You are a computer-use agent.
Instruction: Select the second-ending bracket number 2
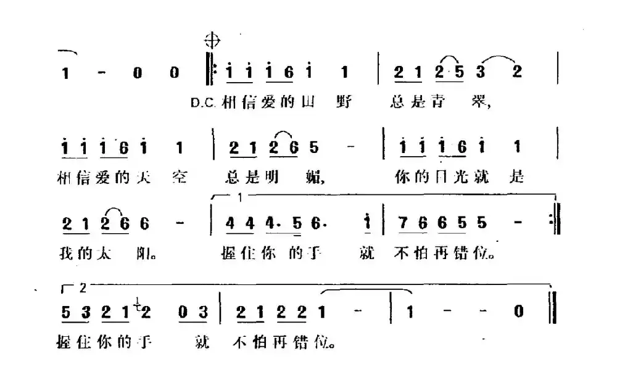[85, 287]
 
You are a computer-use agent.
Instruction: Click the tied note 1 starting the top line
[65, 73]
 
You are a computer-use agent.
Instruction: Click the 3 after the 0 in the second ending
[204, 312]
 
